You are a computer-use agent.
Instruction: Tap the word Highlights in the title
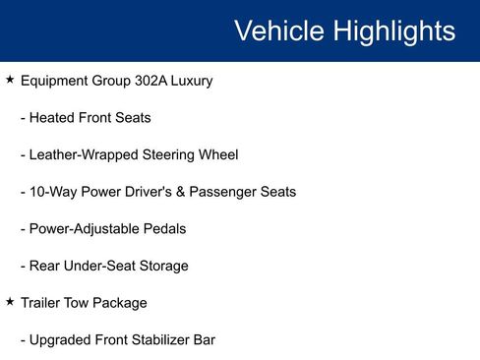[393, 30]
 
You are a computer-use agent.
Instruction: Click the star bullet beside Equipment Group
[10, 80]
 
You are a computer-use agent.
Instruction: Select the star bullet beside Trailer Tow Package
[10, 302]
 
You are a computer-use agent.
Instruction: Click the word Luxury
[193, 81]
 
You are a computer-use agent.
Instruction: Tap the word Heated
[54, 118]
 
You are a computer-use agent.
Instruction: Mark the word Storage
[164, 266]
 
